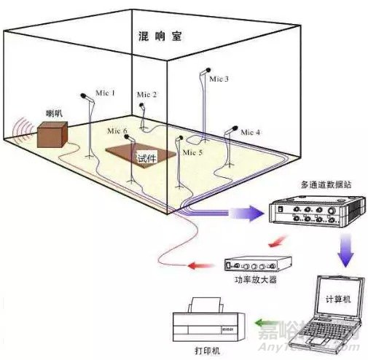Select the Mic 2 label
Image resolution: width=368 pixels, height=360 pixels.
pos(146,95)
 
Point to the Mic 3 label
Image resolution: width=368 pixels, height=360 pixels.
pos(219,78)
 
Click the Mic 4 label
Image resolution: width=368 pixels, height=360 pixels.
pos(250,132)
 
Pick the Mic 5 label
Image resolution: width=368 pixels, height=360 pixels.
pos(192,152)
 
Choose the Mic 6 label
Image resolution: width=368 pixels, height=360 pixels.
pos(117,131)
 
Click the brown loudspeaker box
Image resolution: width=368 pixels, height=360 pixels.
pos(52,136)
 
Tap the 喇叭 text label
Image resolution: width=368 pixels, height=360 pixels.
pos(55,114)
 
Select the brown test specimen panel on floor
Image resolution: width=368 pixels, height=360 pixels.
pos(142,154)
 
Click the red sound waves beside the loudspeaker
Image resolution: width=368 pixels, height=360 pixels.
pos(23,129)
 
